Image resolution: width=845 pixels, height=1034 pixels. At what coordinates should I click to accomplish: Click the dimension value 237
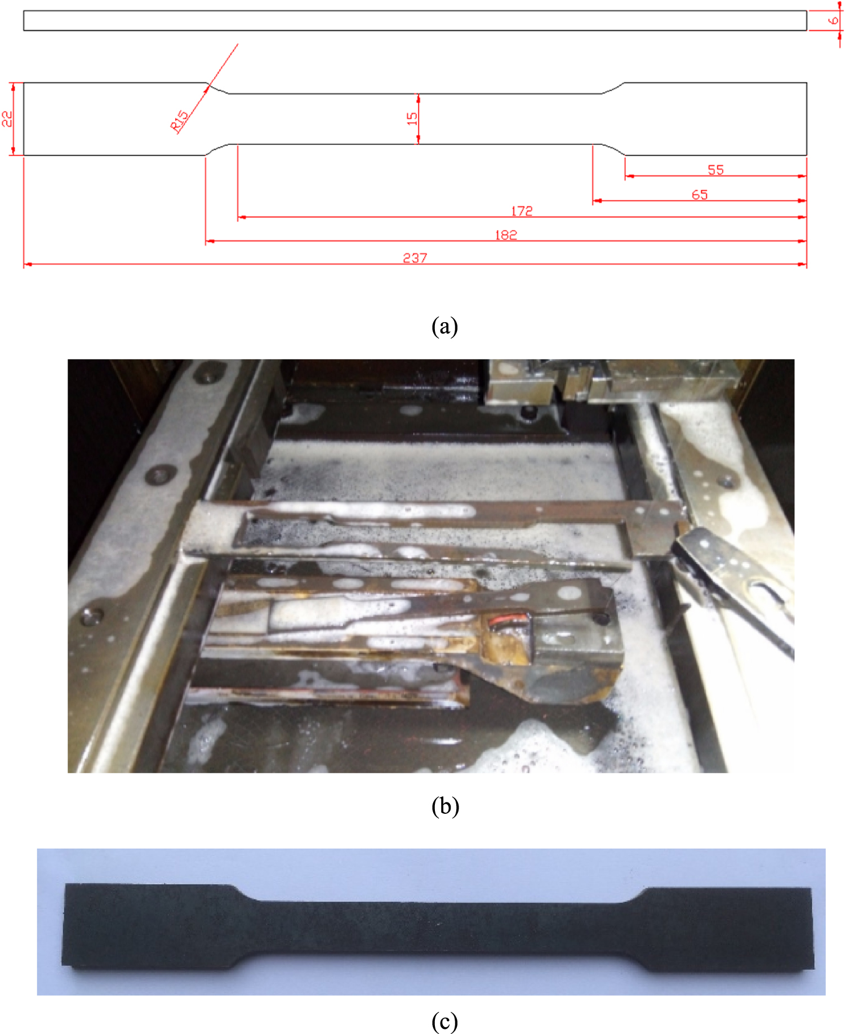[415, 257]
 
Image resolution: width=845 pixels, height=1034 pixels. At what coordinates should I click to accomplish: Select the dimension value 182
[505, 234]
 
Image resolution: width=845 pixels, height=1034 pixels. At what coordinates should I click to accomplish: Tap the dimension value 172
[522, 211]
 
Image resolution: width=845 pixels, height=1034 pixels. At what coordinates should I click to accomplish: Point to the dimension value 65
[699, 194]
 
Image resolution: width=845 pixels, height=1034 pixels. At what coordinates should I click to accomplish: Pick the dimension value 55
[715, 170]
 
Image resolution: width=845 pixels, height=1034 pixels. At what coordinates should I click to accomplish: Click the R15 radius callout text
[180, 121]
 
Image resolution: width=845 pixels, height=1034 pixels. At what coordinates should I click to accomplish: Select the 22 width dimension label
[7, 119]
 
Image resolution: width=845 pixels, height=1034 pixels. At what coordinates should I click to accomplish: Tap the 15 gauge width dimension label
[412, 119]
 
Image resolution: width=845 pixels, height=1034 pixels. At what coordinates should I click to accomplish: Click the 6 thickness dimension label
[833, 21]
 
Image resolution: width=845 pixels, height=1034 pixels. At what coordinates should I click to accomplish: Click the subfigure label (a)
[444, 326]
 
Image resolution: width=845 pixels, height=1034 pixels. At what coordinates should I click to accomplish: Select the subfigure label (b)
[444, 806]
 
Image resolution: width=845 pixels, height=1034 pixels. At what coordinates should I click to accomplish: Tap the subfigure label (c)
[444, 1021]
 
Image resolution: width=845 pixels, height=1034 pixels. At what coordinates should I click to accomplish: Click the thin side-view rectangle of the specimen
[415, 21]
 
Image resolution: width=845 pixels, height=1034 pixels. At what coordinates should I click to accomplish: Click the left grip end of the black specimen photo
[141, 926]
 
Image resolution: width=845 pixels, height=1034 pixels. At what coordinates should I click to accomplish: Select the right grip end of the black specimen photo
[732, 929]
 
